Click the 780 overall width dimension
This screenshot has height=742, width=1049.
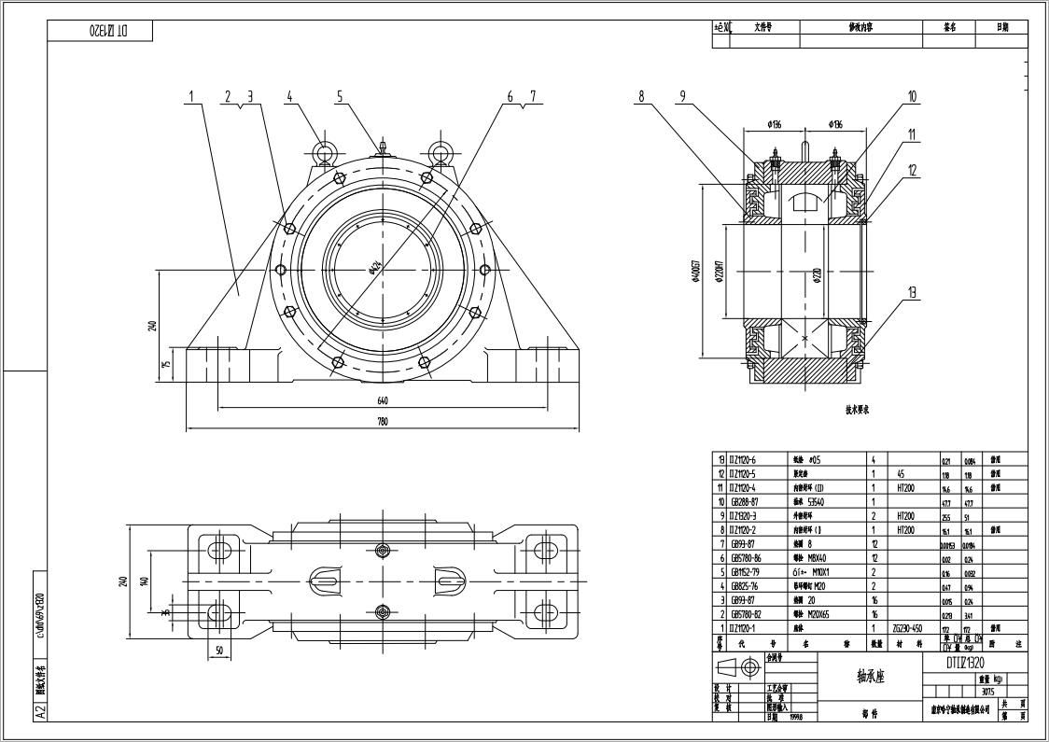tap(383, 422)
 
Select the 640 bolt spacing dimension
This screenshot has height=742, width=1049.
tap(383, 401)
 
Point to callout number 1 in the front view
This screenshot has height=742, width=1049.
tap(190, 95)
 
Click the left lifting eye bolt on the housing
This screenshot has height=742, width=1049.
tap(324, 152)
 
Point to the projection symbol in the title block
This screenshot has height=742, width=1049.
tap(739, 667)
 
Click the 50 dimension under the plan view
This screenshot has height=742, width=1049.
tap(220, 650)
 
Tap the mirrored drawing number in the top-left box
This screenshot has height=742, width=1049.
tap(108, 31)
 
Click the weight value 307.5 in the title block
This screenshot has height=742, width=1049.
tap(987, 692)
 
